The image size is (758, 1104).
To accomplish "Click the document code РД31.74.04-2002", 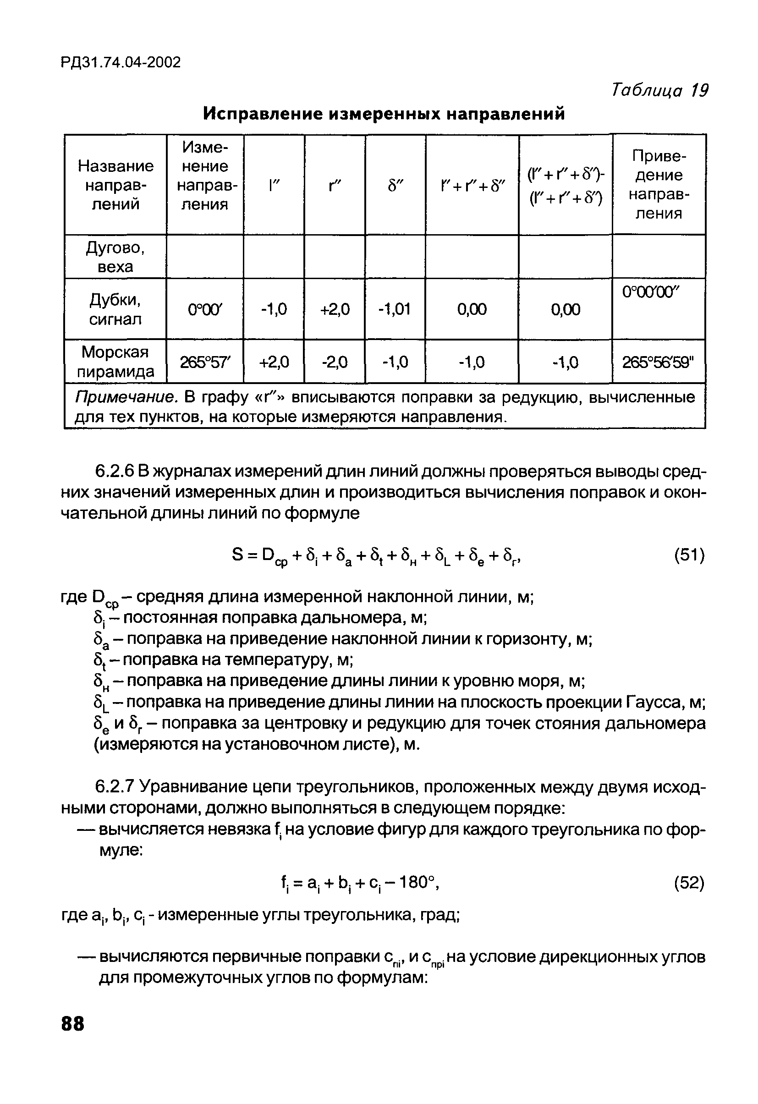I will click(121, 62).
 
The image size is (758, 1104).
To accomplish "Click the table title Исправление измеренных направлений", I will click(384, 114).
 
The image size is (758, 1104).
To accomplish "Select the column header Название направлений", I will click(115, 185).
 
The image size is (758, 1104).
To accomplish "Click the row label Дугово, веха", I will click(115, 257).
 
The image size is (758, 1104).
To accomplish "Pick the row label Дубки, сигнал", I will click(115, 309).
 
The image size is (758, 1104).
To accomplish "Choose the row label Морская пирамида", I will click(115, 362).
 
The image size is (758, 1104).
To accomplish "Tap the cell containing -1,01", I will click(395, 310).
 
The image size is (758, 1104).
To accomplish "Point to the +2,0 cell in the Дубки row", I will click(335, 310).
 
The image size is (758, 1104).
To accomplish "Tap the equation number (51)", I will click(689, 555).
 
